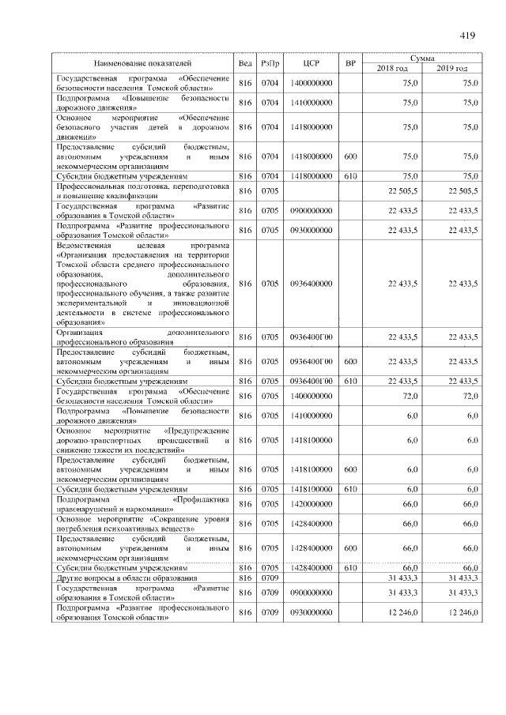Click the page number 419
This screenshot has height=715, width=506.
465,35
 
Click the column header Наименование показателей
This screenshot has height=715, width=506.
142,62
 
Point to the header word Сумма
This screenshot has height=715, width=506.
426,58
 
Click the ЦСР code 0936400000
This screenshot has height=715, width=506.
311,284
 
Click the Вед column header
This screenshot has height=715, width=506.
245,62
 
